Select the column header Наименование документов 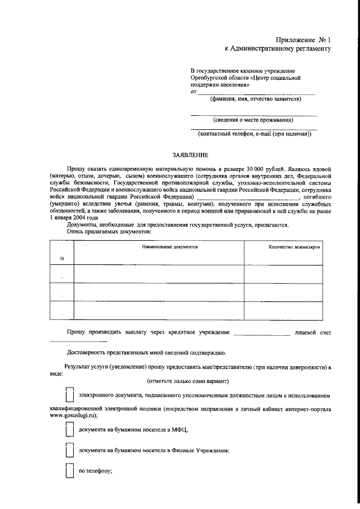(x=169, y=247)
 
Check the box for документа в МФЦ (x=69, y=429)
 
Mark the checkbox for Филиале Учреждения (x=69, y=451)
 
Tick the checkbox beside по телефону (x=69, y=471)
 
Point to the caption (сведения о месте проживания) (x=254, y=120)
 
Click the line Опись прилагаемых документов (x=109, y=231)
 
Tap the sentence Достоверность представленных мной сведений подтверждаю (x=146, y=353)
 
